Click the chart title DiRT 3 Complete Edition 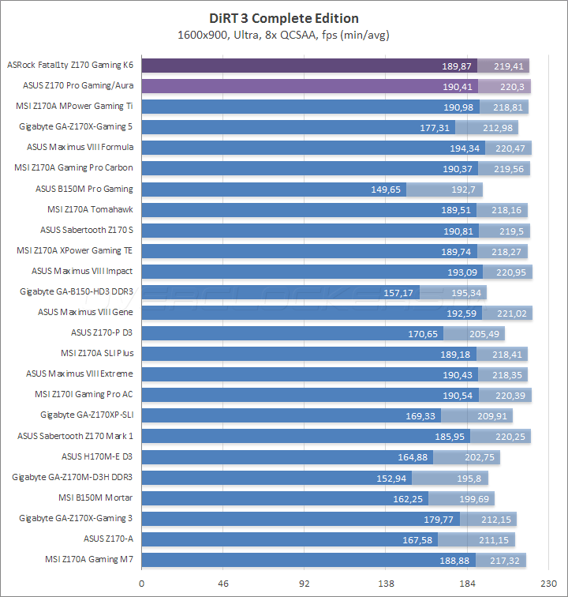[x=283, y=19]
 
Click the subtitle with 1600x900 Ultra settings [x=283, y=35]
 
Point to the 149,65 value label [x=386, y=190]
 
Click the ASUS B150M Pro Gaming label [x=84, y=189]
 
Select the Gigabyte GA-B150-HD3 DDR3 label [x=77, y=292]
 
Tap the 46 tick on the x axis [x=223, y=584]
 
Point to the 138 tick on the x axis [x=386, y=584]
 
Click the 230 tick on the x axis [x=548, y=584]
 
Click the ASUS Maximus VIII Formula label [x=80, y=147]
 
